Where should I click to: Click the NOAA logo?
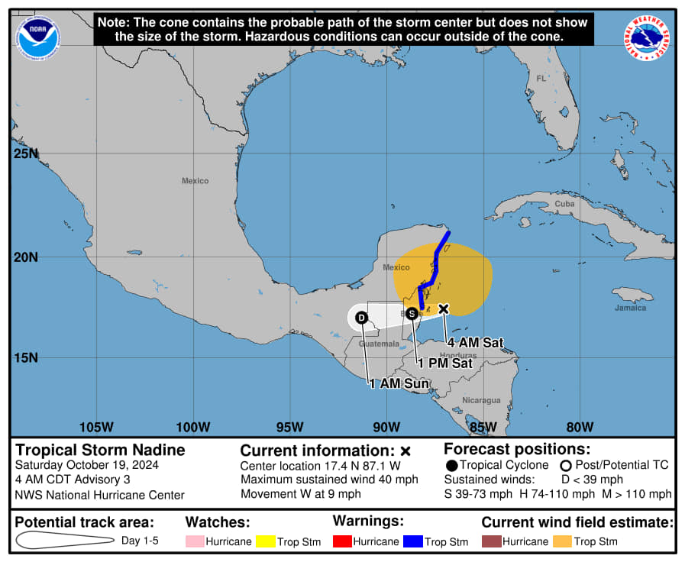click(x=39, y=37)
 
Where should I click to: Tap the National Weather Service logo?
click(x=647, y=37)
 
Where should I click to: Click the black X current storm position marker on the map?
click(x=443, y=308)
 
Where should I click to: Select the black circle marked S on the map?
click(x=412, y=313)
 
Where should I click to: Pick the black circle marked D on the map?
click(x=361, y=317)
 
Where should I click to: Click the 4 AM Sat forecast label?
click(x=475, y=344)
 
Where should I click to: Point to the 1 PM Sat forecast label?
click(x=444, y=363)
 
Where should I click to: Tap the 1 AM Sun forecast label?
click(x=399, y=383)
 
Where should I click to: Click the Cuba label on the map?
click(x=564, y=204)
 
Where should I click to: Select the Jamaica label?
click(x=630, y=308)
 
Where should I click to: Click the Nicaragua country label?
click(x=481, y=400)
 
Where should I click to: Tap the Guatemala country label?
click(x=379, y=344)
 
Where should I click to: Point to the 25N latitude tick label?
click(x=27, y=154)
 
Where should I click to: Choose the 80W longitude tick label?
click(x=580, y=427)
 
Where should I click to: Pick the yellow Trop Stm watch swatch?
click(x=267, y=541)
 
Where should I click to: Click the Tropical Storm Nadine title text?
click(x=100, y=450)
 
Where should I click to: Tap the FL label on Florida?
click(x=541, y=79)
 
